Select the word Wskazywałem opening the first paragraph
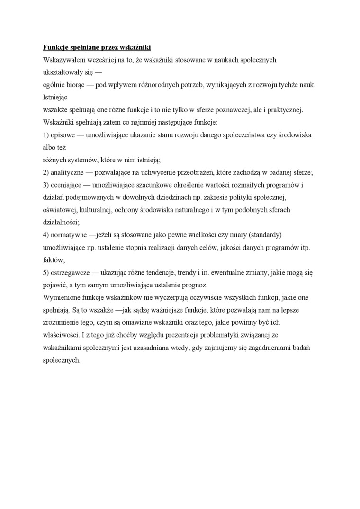65,60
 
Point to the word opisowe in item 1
62,135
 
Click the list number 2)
46,172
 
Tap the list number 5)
46,273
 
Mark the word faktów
54,260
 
